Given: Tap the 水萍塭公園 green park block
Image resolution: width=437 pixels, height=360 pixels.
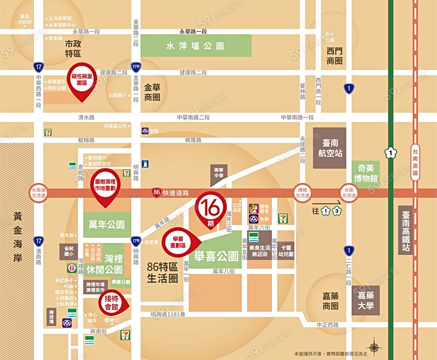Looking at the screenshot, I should click(195, 46).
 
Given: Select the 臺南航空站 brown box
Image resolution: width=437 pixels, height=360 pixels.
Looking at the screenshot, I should click(329, 148).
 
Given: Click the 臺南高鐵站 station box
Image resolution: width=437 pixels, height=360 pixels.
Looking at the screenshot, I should click(406, 230).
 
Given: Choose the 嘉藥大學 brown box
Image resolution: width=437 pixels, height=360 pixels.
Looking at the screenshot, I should click(367, 300).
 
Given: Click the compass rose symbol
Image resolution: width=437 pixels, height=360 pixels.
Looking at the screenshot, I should click(374, 347).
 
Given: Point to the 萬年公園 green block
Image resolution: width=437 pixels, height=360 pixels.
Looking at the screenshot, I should click(107, 224).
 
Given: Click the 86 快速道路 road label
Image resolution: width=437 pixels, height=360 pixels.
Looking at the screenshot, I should click(169, 193).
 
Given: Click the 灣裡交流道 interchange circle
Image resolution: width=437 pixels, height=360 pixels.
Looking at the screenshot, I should click(303, 193).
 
